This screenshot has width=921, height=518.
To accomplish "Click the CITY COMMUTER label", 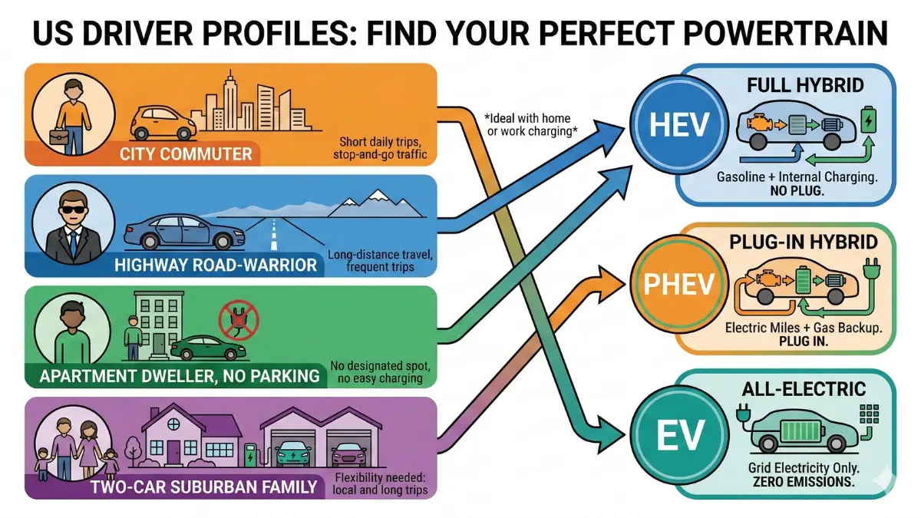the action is coord(186,153).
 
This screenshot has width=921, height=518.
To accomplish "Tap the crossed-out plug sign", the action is coord(235,318).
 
